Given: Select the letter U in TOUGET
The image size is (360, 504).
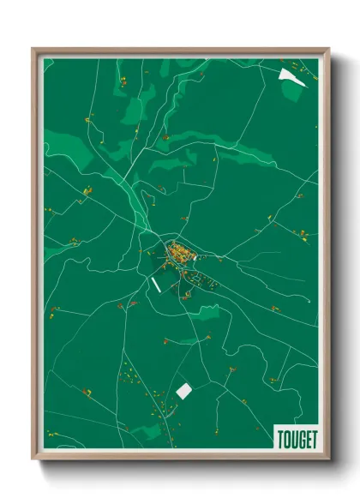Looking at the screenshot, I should point(290,438).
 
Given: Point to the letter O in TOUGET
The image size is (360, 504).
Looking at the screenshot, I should point(284,438).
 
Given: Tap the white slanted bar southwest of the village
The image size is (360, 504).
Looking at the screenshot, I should point(155,283).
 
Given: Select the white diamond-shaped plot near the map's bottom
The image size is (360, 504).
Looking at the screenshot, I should point(183,390).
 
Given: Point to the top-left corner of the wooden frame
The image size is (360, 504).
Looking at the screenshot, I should point(33,50).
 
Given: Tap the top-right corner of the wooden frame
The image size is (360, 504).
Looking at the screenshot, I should point(327,50).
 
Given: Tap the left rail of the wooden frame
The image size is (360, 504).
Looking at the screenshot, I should point(35,257).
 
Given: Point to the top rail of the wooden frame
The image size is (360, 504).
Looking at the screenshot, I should point(180,51).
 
